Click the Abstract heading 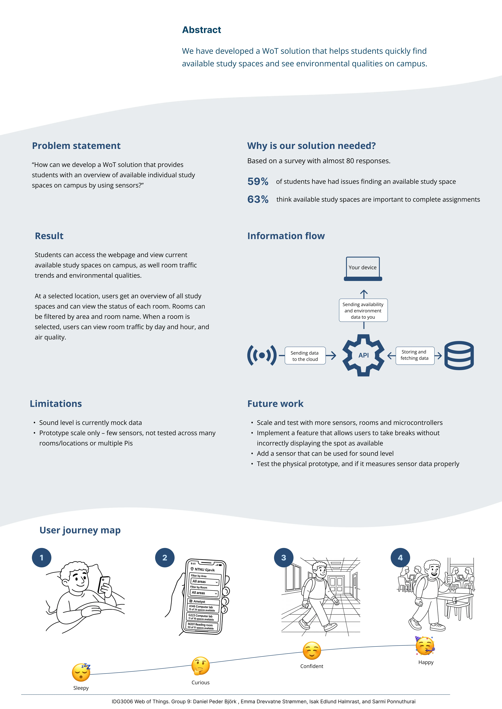pyautogui.click(x=201, y=30)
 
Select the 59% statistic pyautogui.click(x=258, y=181)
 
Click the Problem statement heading pyautogui.click(x=76, y=146)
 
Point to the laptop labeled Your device pyautogui.click(x=363, y=269)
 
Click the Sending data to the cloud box pyautogui.click(x=305, y=356)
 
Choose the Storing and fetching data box pyautogui.click(x=415, y=355)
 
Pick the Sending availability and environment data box pyautogui.click(x=363, y=310)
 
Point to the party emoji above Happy pyautogui.click(x=425, y=645)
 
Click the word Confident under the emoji pyautogui.click(x=312, y=666)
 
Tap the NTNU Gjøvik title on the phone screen pyautogui.click(x=205, y=569)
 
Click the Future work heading pyautogui.click(x=275, y=404)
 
